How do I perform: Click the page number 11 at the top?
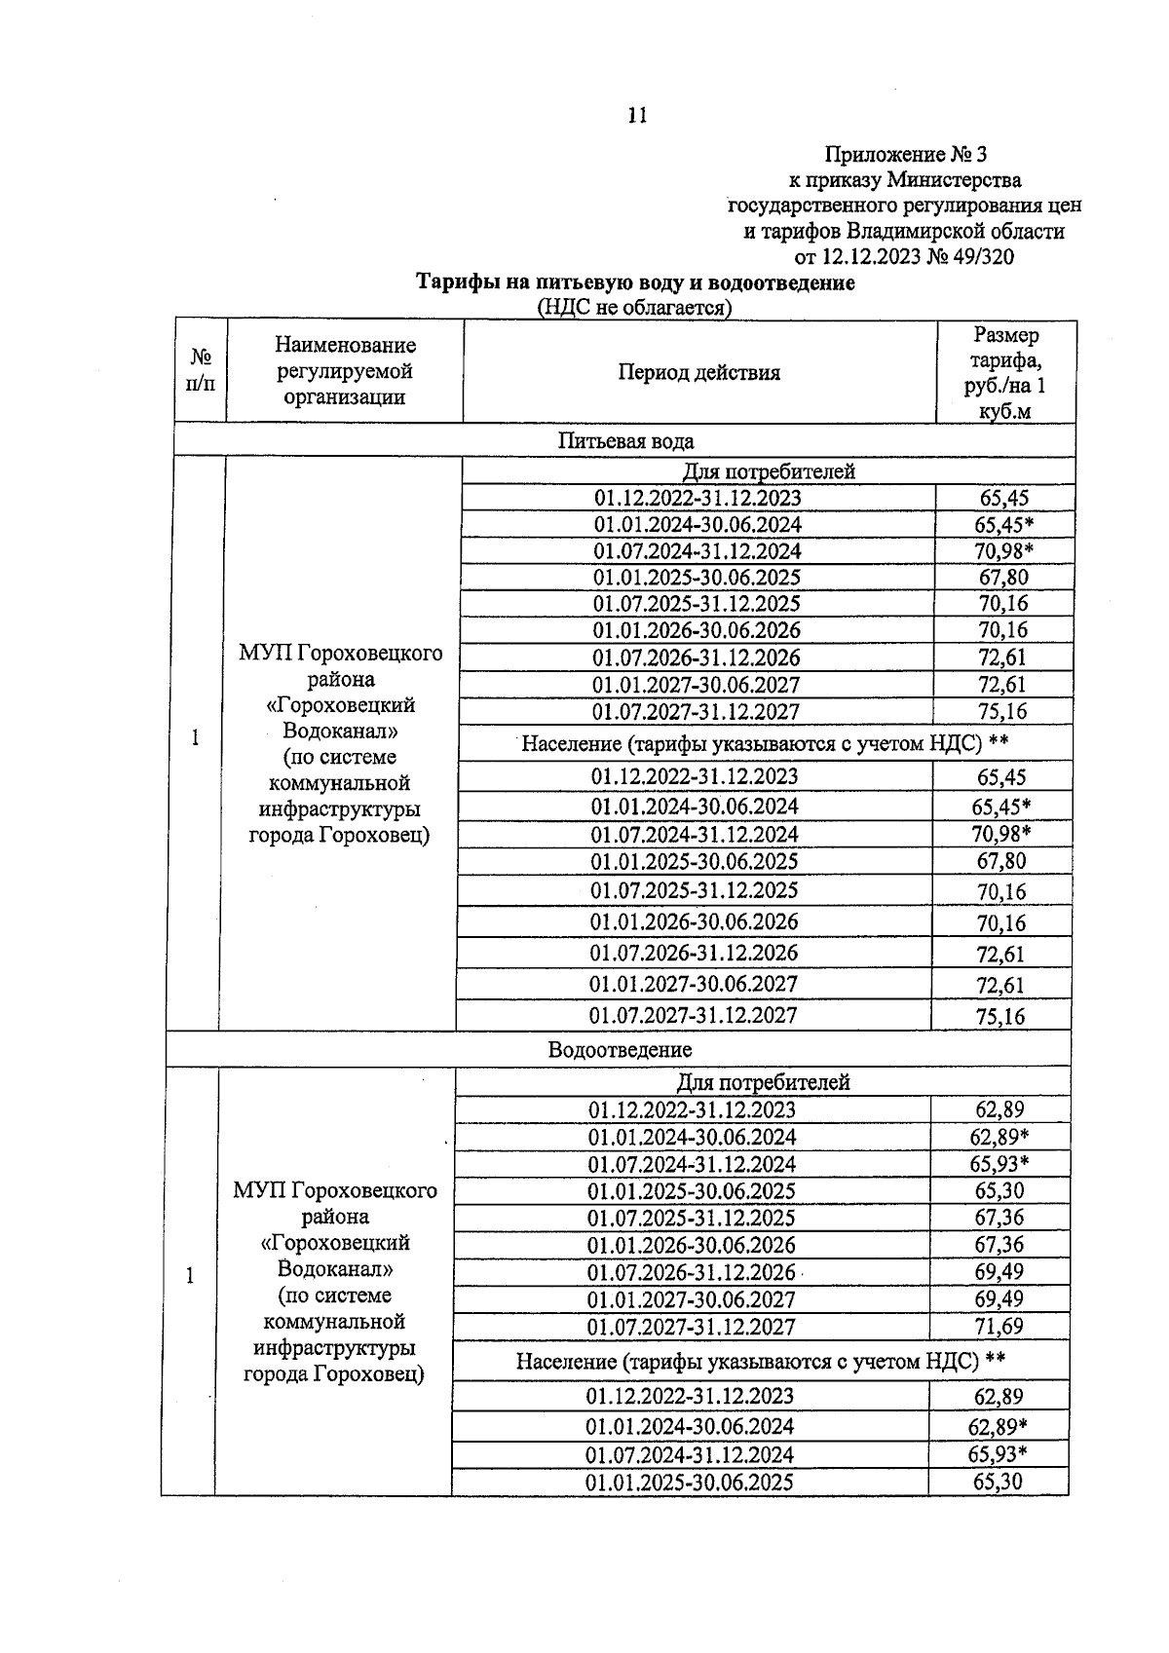click(x=637, y=116)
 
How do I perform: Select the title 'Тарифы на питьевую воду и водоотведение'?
click(x=635, y=282)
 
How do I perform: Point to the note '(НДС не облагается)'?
click(x=634, y=308)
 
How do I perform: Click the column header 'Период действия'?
click(x=698, y=372)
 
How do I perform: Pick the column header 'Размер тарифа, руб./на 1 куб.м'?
click(x=1005, y=372)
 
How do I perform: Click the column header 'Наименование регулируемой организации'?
click(x=344, y=371)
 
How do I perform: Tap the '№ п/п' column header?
click(x=200, y=371)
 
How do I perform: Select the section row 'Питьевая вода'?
click(x=625, y=440)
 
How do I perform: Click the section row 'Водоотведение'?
click(x=620, y=1050)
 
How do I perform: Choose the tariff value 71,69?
click(x=999, y=1326)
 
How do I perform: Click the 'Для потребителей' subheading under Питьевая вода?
click(x=768, y=471)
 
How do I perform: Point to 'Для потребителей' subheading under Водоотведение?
click(x=763, y=1082)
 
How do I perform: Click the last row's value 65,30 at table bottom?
click(x=998, y=1482)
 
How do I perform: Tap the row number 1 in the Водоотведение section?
click(x=190, y=1276)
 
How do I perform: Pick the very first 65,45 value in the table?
click(x=1003, y=498)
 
